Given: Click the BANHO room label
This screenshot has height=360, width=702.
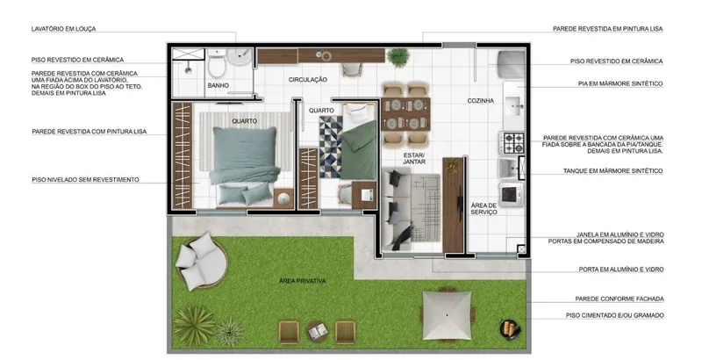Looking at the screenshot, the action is [218, 85].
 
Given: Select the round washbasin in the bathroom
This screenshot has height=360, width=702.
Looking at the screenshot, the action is [240, 56].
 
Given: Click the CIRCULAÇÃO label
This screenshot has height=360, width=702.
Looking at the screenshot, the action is [308, 80].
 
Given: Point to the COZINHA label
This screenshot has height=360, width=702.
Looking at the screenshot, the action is [480, 101].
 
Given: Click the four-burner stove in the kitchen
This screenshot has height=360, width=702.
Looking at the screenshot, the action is [512, 143].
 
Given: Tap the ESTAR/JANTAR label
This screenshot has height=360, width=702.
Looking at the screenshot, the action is [414, 159].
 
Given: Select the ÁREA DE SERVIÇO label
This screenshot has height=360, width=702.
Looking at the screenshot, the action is [484, 209].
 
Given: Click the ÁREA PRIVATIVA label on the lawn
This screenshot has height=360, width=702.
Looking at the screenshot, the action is [302, 281].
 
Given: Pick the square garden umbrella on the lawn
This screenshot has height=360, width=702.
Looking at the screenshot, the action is [447, 315].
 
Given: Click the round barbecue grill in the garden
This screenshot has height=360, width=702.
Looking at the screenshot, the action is [510, 328].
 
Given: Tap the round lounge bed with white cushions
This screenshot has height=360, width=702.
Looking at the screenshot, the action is [201, 261].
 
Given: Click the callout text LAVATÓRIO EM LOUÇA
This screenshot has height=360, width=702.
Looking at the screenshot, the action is [63, 29].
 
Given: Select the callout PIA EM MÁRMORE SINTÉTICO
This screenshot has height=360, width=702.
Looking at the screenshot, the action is [620, 83].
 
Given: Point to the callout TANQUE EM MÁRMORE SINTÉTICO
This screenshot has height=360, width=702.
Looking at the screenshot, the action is [612, 171].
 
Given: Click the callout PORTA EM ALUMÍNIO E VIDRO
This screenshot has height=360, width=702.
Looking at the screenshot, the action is [621, 270].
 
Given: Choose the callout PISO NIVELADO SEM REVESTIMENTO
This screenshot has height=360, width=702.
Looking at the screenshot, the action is [85, 180].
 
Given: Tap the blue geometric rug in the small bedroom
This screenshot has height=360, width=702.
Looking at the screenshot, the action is [331, 147].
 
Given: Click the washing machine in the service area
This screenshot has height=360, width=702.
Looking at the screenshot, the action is [511, 194].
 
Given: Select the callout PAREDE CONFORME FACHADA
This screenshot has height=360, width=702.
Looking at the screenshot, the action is [620, 299].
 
